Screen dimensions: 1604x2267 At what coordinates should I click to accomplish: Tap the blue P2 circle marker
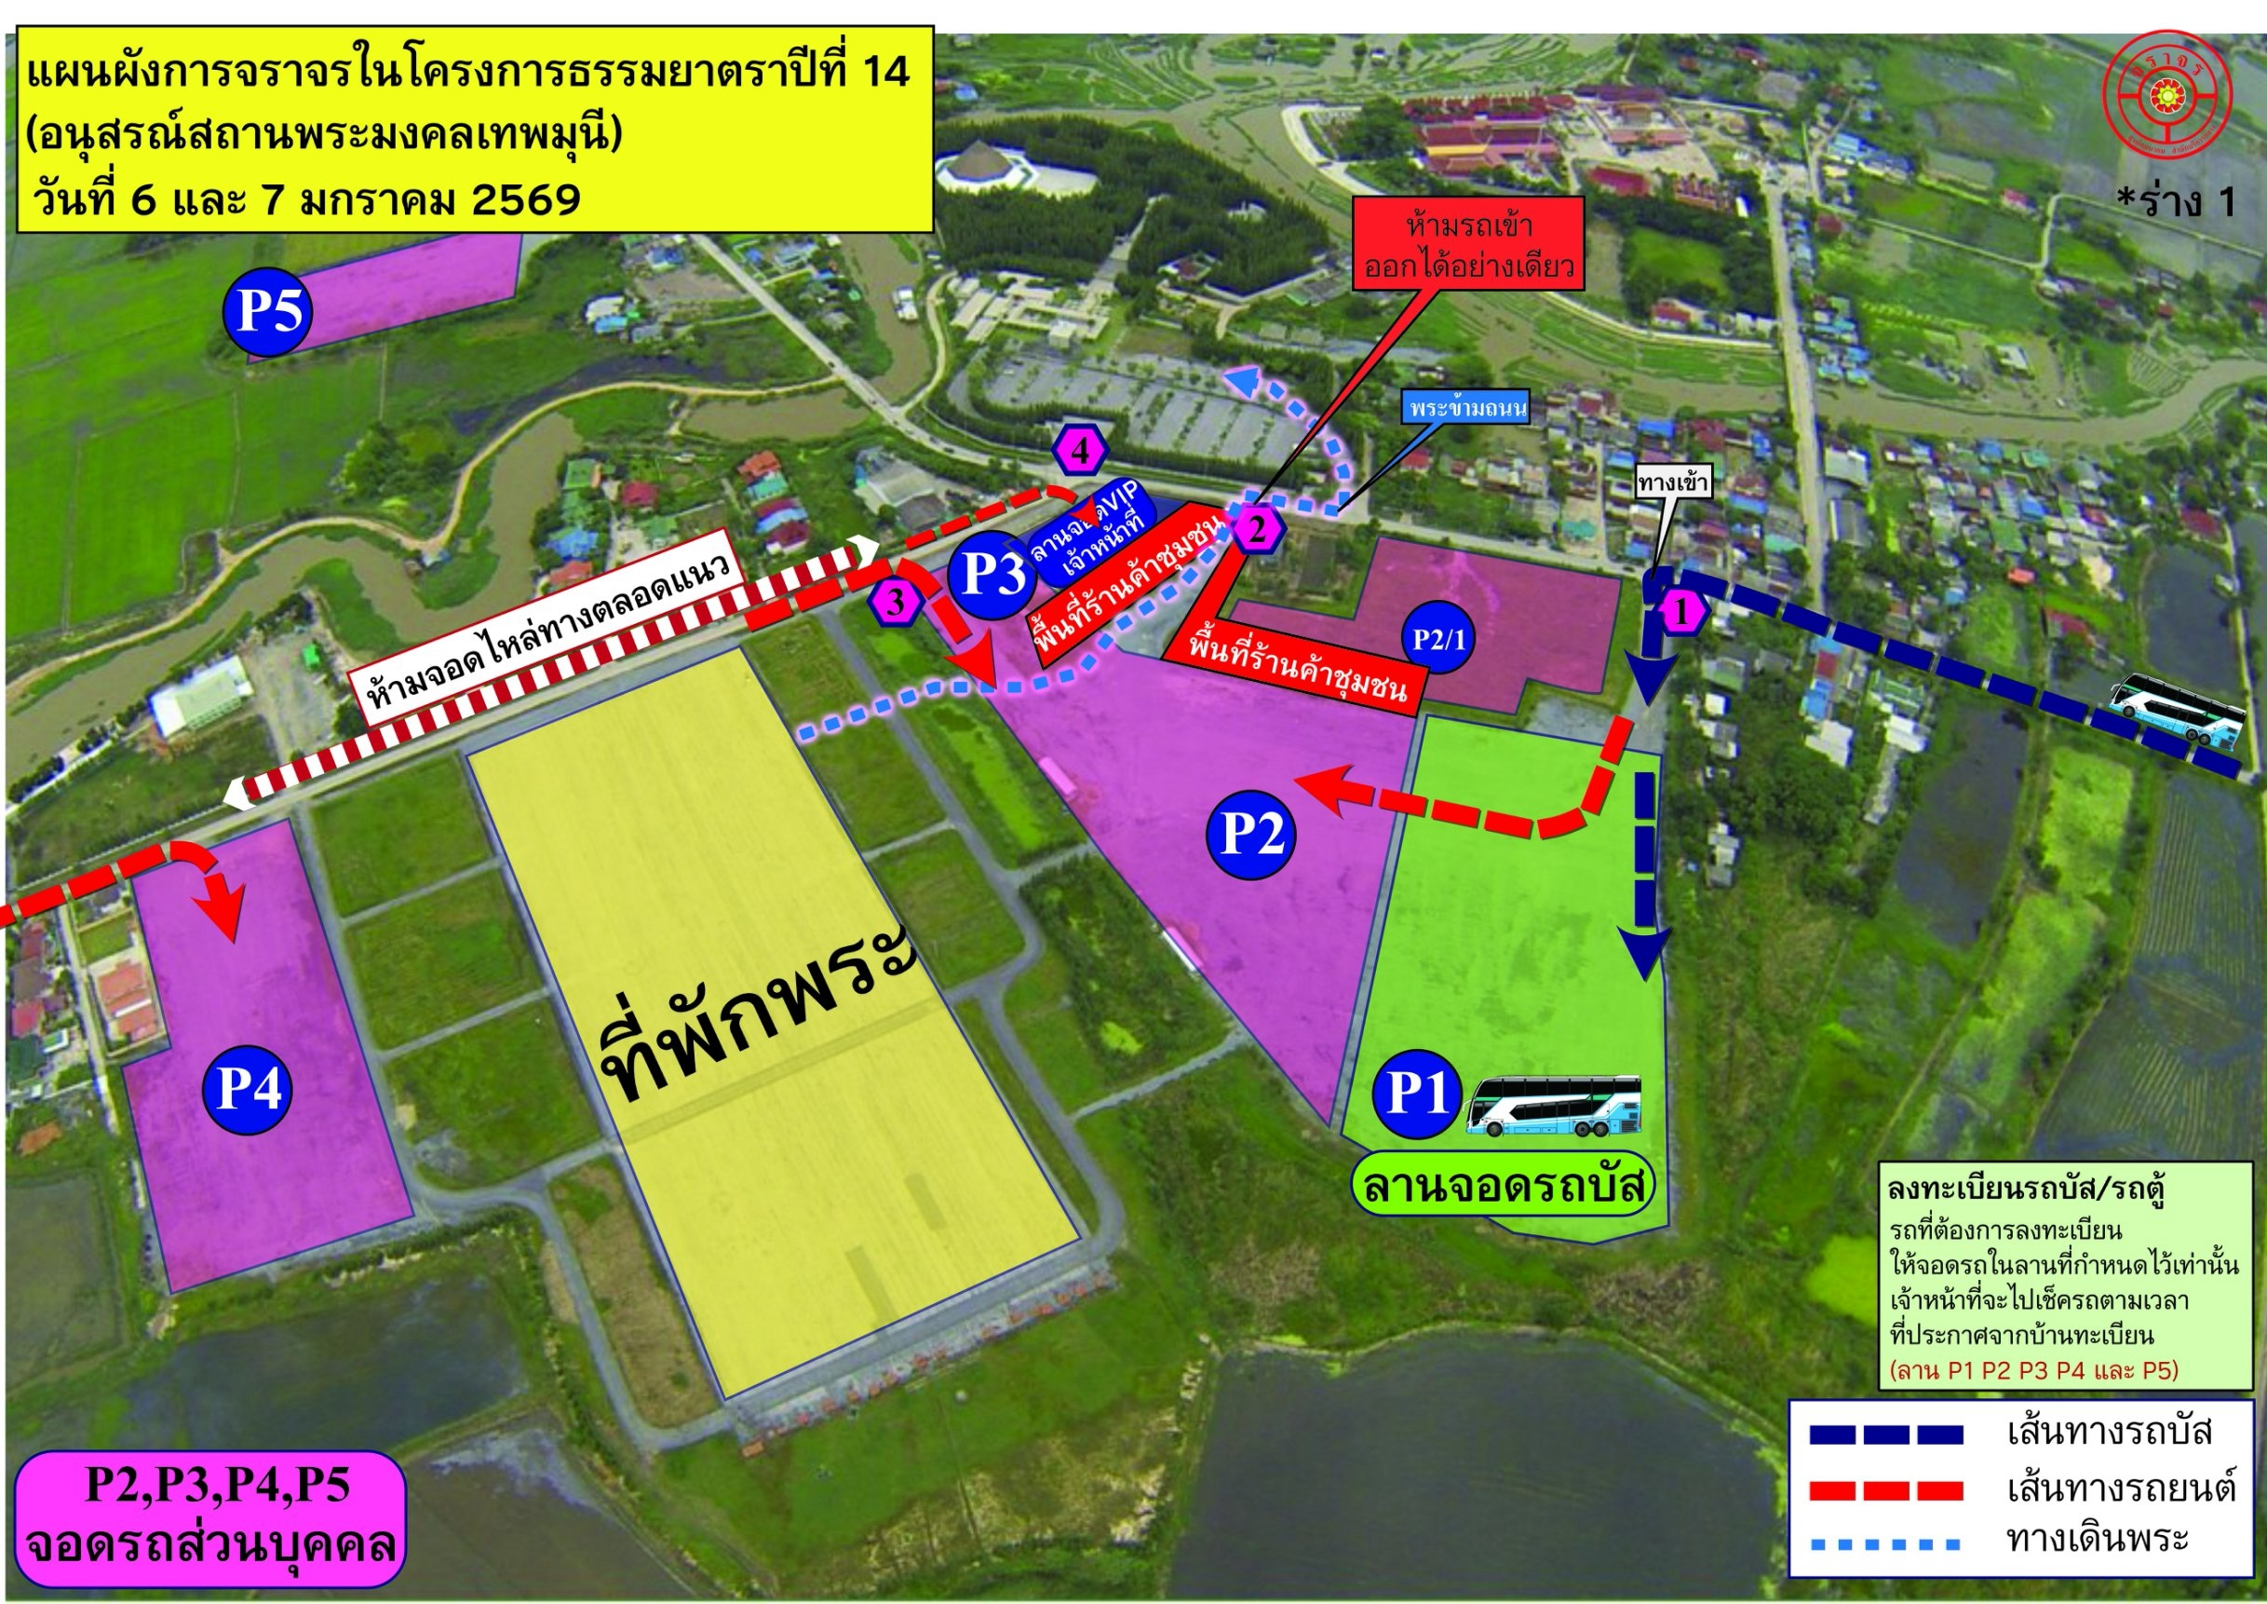pos(1252,835)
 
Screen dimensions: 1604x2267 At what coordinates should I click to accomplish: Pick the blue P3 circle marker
pos(992,574)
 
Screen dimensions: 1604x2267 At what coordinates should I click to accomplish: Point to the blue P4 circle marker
pos(248,1091)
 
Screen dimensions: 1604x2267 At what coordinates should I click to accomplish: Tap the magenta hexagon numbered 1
pos(1683,612)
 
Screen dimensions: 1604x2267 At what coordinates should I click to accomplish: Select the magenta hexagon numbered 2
pos(1256,529)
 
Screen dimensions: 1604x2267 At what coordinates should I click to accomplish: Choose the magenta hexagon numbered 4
pos(1081,452)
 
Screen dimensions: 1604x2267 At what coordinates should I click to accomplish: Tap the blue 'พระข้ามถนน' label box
pos(1467,408)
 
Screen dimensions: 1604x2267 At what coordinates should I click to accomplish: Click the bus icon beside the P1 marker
pos(1553,1104)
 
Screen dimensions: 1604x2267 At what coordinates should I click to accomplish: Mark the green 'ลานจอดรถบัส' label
pos(1502,1186)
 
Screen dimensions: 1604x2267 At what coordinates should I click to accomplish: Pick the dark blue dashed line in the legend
pos(1886,1434)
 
